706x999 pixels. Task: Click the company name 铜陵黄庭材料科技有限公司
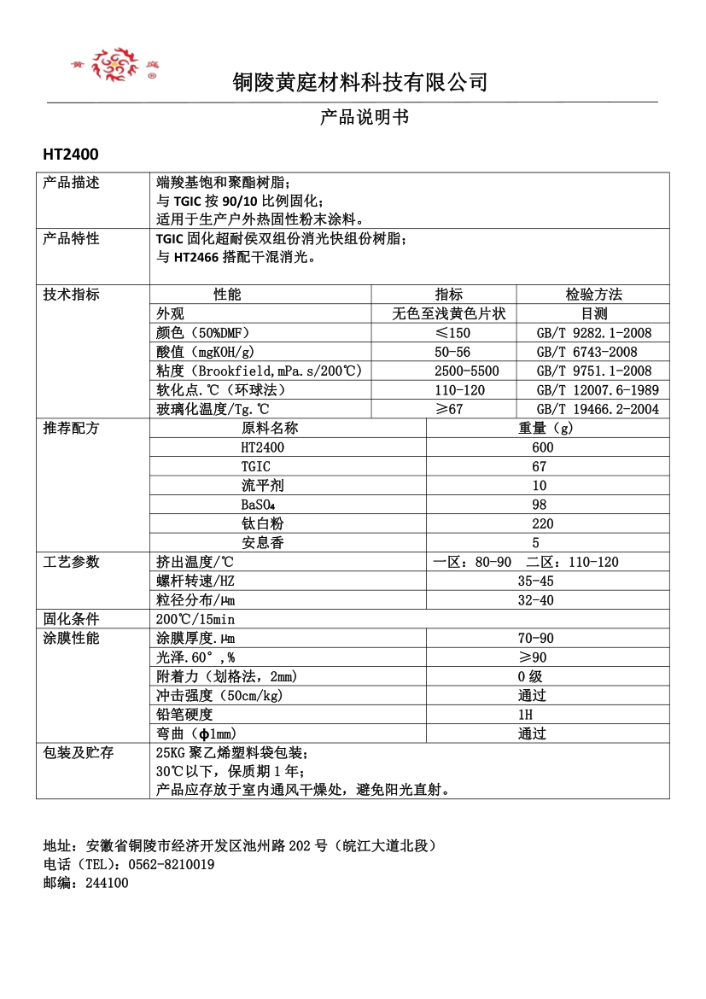pos(360,82)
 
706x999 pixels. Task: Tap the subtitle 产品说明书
pos(365,117)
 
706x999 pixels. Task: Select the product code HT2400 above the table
pos(71,155)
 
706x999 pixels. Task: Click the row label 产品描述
pos(72,183)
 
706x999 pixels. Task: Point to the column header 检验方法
pos(593,295)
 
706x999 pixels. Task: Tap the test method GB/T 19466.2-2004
pos(598,409)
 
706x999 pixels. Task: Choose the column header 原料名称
pos(270,428)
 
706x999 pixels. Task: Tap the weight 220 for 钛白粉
pos(542,523)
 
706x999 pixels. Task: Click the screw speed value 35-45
pos(535,581)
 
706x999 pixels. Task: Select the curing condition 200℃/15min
pos(195,619)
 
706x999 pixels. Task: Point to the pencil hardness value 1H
pos(525,714)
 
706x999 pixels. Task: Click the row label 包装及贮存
pos(79,752)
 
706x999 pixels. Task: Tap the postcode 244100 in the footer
pos(107,883)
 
